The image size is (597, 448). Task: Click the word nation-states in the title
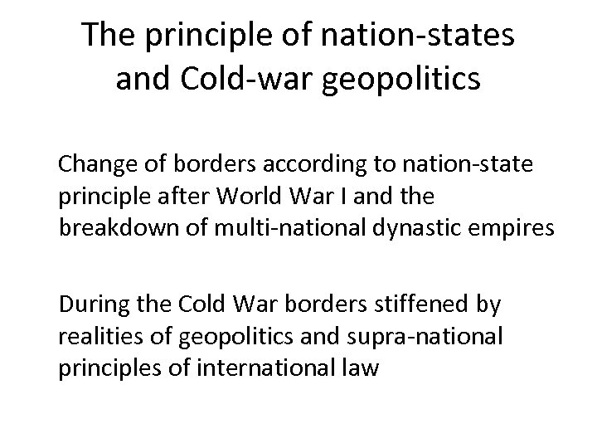pos(432,37)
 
